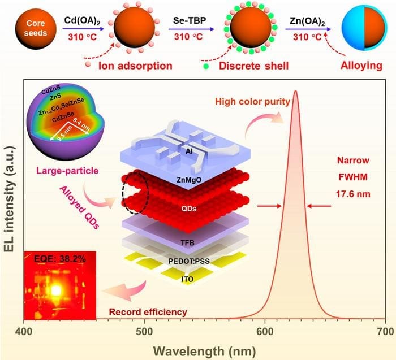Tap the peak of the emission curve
(x=295, y=90)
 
